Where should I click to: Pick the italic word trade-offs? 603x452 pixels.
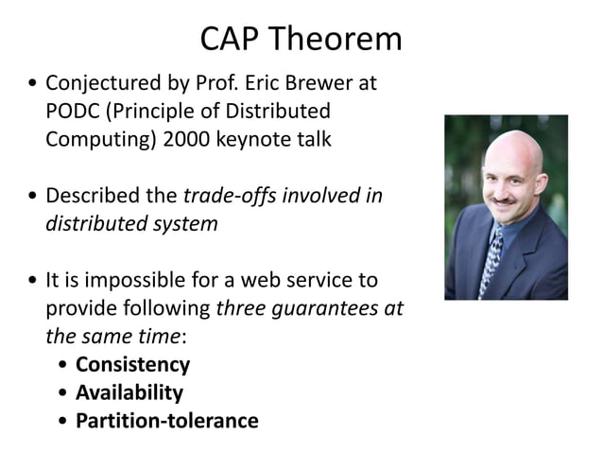tap(223, 197)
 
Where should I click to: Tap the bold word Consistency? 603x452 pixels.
tap(132, 365)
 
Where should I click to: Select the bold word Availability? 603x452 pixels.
tap(129, 392)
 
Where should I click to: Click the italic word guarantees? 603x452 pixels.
tap(321, 308)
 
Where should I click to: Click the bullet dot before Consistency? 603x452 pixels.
tap(63, 366)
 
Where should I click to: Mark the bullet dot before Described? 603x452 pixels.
tap(35, 198)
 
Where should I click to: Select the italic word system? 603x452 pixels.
tap(189, 225)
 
